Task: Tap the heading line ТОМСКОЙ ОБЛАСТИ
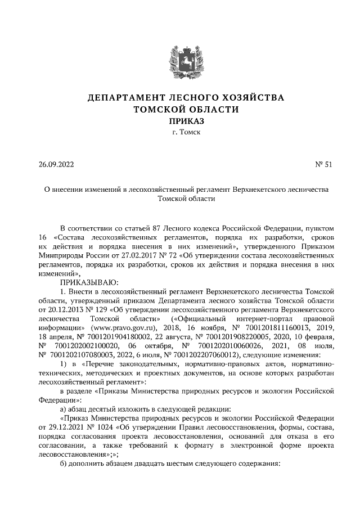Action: [x=179, y=109]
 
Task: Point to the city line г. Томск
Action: [x=179, y=132]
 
